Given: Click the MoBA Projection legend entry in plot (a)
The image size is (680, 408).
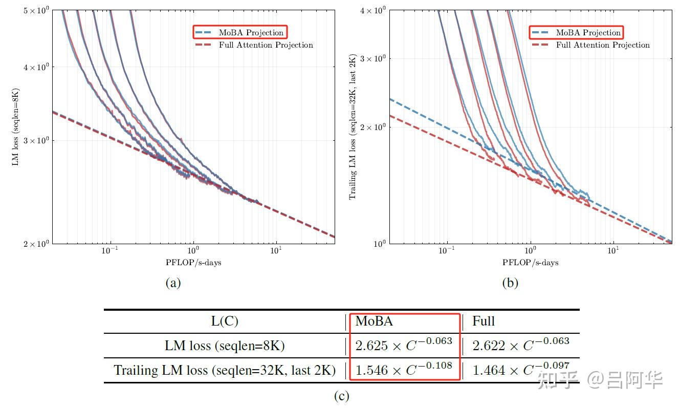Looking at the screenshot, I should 240,32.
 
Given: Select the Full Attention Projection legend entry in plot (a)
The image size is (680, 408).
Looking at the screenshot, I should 254,45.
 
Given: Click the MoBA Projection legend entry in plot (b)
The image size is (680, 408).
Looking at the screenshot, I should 577,32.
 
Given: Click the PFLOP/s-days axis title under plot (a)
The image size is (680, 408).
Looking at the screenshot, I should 193,263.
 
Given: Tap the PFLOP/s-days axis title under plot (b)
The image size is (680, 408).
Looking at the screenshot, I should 530,263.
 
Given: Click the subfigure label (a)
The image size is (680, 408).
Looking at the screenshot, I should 173,283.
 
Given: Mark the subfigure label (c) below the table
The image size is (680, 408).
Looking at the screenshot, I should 341,396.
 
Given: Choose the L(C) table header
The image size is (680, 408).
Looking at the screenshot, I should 225,321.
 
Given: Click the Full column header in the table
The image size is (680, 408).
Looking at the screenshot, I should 484,321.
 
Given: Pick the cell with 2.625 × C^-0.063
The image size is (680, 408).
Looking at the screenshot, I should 404,346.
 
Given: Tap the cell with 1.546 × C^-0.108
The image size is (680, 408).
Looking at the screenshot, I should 404,370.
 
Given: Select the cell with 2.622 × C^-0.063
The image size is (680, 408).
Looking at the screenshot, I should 520,346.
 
